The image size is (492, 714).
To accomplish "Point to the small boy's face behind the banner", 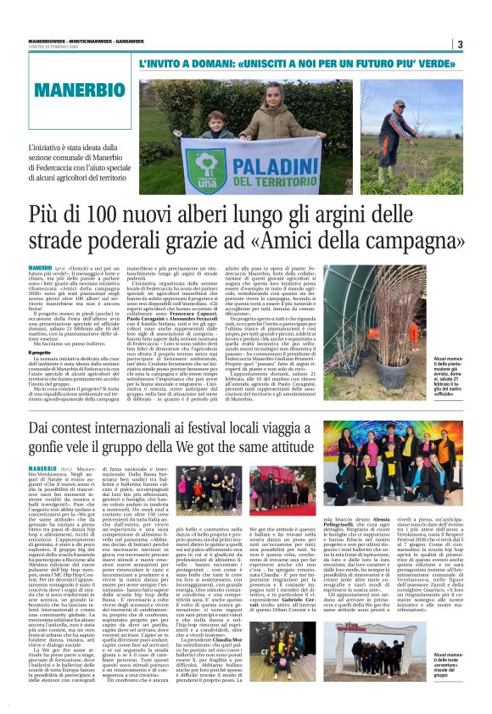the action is (214, 120).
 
